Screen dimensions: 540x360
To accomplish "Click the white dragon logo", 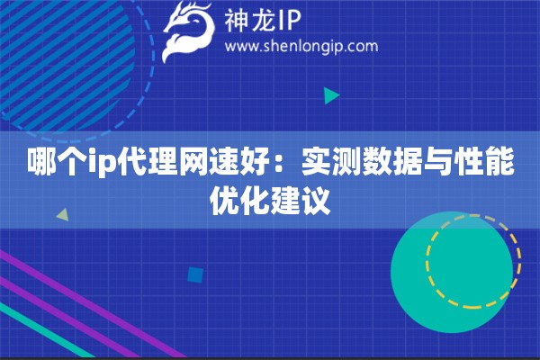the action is [x=188, y=31].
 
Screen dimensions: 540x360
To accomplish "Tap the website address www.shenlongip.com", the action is [x=301, y=46].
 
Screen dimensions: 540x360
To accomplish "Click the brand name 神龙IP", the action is [x=263, y=20].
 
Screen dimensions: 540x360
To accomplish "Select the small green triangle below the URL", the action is [x=331, y=95].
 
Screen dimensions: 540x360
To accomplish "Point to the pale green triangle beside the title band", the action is [x=63, y=214].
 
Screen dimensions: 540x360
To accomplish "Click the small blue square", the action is [x=195, y=274].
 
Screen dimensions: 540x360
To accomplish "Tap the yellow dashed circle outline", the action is [x=472, y=215].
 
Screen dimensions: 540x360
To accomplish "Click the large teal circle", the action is [x=452, y=272].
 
